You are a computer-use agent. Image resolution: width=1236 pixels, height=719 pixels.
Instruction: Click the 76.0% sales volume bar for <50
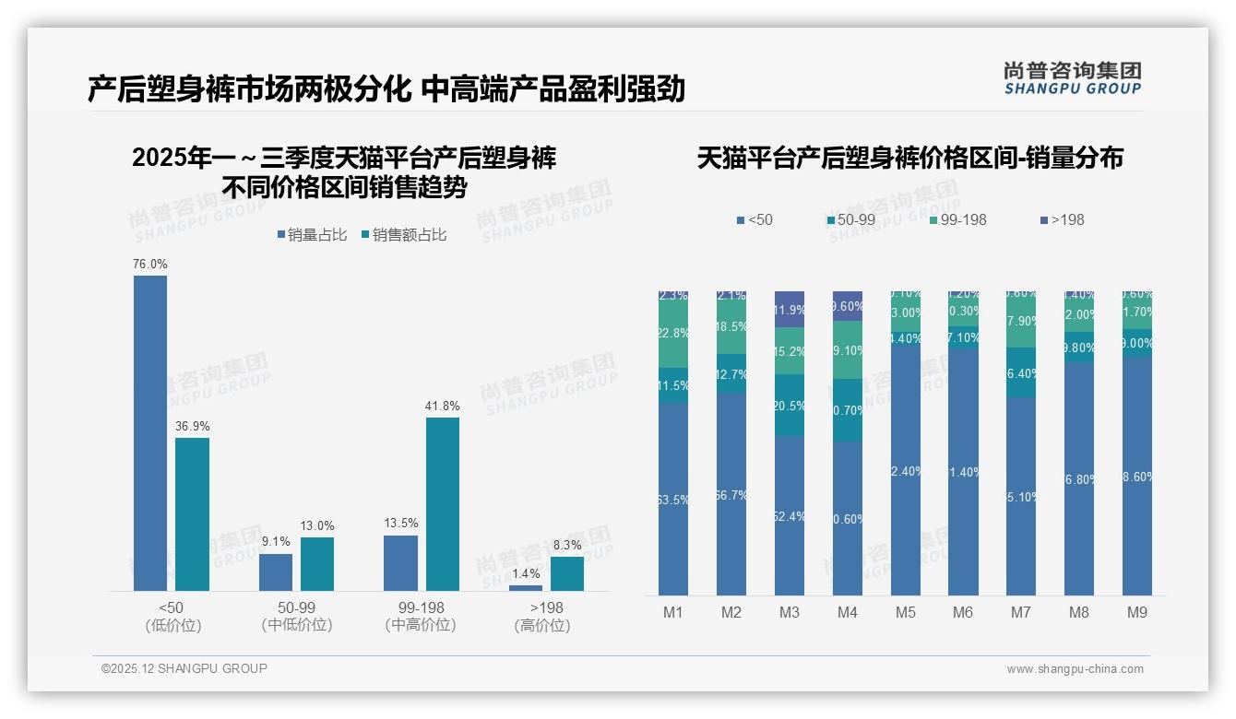[150, 433]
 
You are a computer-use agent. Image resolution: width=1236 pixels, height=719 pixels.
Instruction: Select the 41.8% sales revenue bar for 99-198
[443, 504]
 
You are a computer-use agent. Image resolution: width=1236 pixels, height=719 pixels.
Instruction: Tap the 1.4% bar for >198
[526, 587]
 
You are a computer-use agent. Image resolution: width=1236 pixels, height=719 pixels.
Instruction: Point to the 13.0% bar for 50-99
[317, 563]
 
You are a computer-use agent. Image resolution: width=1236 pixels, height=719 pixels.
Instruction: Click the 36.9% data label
[192, 426]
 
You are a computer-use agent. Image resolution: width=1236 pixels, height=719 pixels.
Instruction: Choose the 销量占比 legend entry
[312, 235]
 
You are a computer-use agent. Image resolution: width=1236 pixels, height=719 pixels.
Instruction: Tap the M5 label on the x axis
[905, 612]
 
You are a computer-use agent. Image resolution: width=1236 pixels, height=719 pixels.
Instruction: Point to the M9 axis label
[1137, 612]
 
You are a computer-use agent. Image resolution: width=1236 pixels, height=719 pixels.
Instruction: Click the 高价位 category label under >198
[541, 625]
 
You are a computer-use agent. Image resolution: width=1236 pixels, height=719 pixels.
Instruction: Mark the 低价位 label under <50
[172, 625]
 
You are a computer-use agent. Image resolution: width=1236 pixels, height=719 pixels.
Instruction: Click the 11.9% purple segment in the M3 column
[790, 310]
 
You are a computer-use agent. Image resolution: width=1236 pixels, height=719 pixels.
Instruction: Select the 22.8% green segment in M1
[673, 334]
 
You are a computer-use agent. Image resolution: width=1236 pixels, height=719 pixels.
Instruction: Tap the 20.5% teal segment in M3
[790, 406]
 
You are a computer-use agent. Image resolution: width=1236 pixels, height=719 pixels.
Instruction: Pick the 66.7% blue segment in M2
[731, 494]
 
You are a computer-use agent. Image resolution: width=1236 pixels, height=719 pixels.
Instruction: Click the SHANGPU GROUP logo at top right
[1072, 78]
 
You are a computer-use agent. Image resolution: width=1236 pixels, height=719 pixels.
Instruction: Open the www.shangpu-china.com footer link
[1075, 669]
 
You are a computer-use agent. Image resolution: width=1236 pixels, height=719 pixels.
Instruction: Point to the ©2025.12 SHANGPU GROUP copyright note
[184, 668]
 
